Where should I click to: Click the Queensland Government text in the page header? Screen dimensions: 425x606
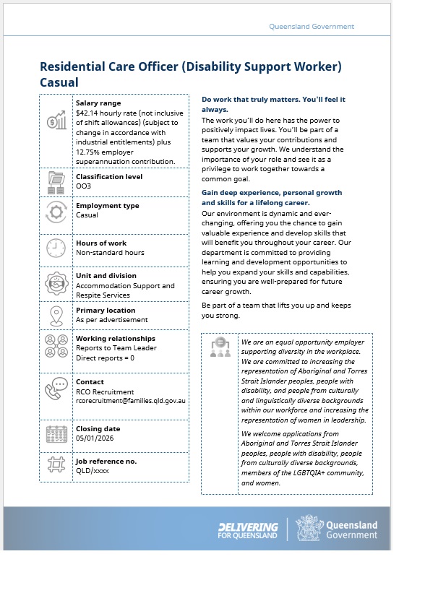point(312,26)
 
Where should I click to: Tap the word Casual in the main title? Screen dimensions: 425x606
point(59,82)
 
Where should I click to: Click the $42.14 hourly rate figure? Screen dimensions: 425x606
point(87,113)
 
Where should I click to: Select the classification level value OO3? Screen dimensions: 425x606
point(84,186)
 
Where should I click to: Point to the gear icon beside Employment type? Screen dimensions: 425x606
point(56,212)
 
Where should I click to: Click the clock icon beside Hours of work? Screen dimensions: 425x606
point(56,248)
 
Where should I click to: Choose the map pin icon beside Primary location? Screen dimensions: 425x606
point(56,316)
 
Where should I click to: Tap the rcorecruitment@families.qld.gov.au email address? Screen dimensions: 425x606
point(131,401)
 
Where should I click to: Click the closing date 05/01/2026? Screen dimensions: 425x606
point(95,438)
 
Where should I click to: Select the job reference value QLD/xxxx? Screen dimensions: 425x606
point(93,471)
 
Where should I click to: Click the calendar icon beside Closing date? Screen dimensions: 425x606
point(56,434)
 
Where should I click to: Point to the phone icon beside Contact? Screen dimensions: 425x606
point(56,389)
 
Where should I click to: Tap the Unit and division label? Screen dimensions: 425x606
point(106,276)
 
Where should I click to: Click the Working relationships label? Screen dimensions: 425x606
point(116,339)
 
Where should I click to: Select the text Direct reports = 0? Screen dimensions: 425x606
point(106,358)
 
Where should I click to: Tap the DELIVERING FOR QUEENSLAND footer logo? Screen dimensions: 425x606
point(248,530)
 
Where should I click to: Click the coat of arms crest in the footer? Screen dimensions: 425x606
point(309,527)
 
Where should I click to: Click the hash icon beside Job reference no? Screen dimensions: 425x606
point(56,464)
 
